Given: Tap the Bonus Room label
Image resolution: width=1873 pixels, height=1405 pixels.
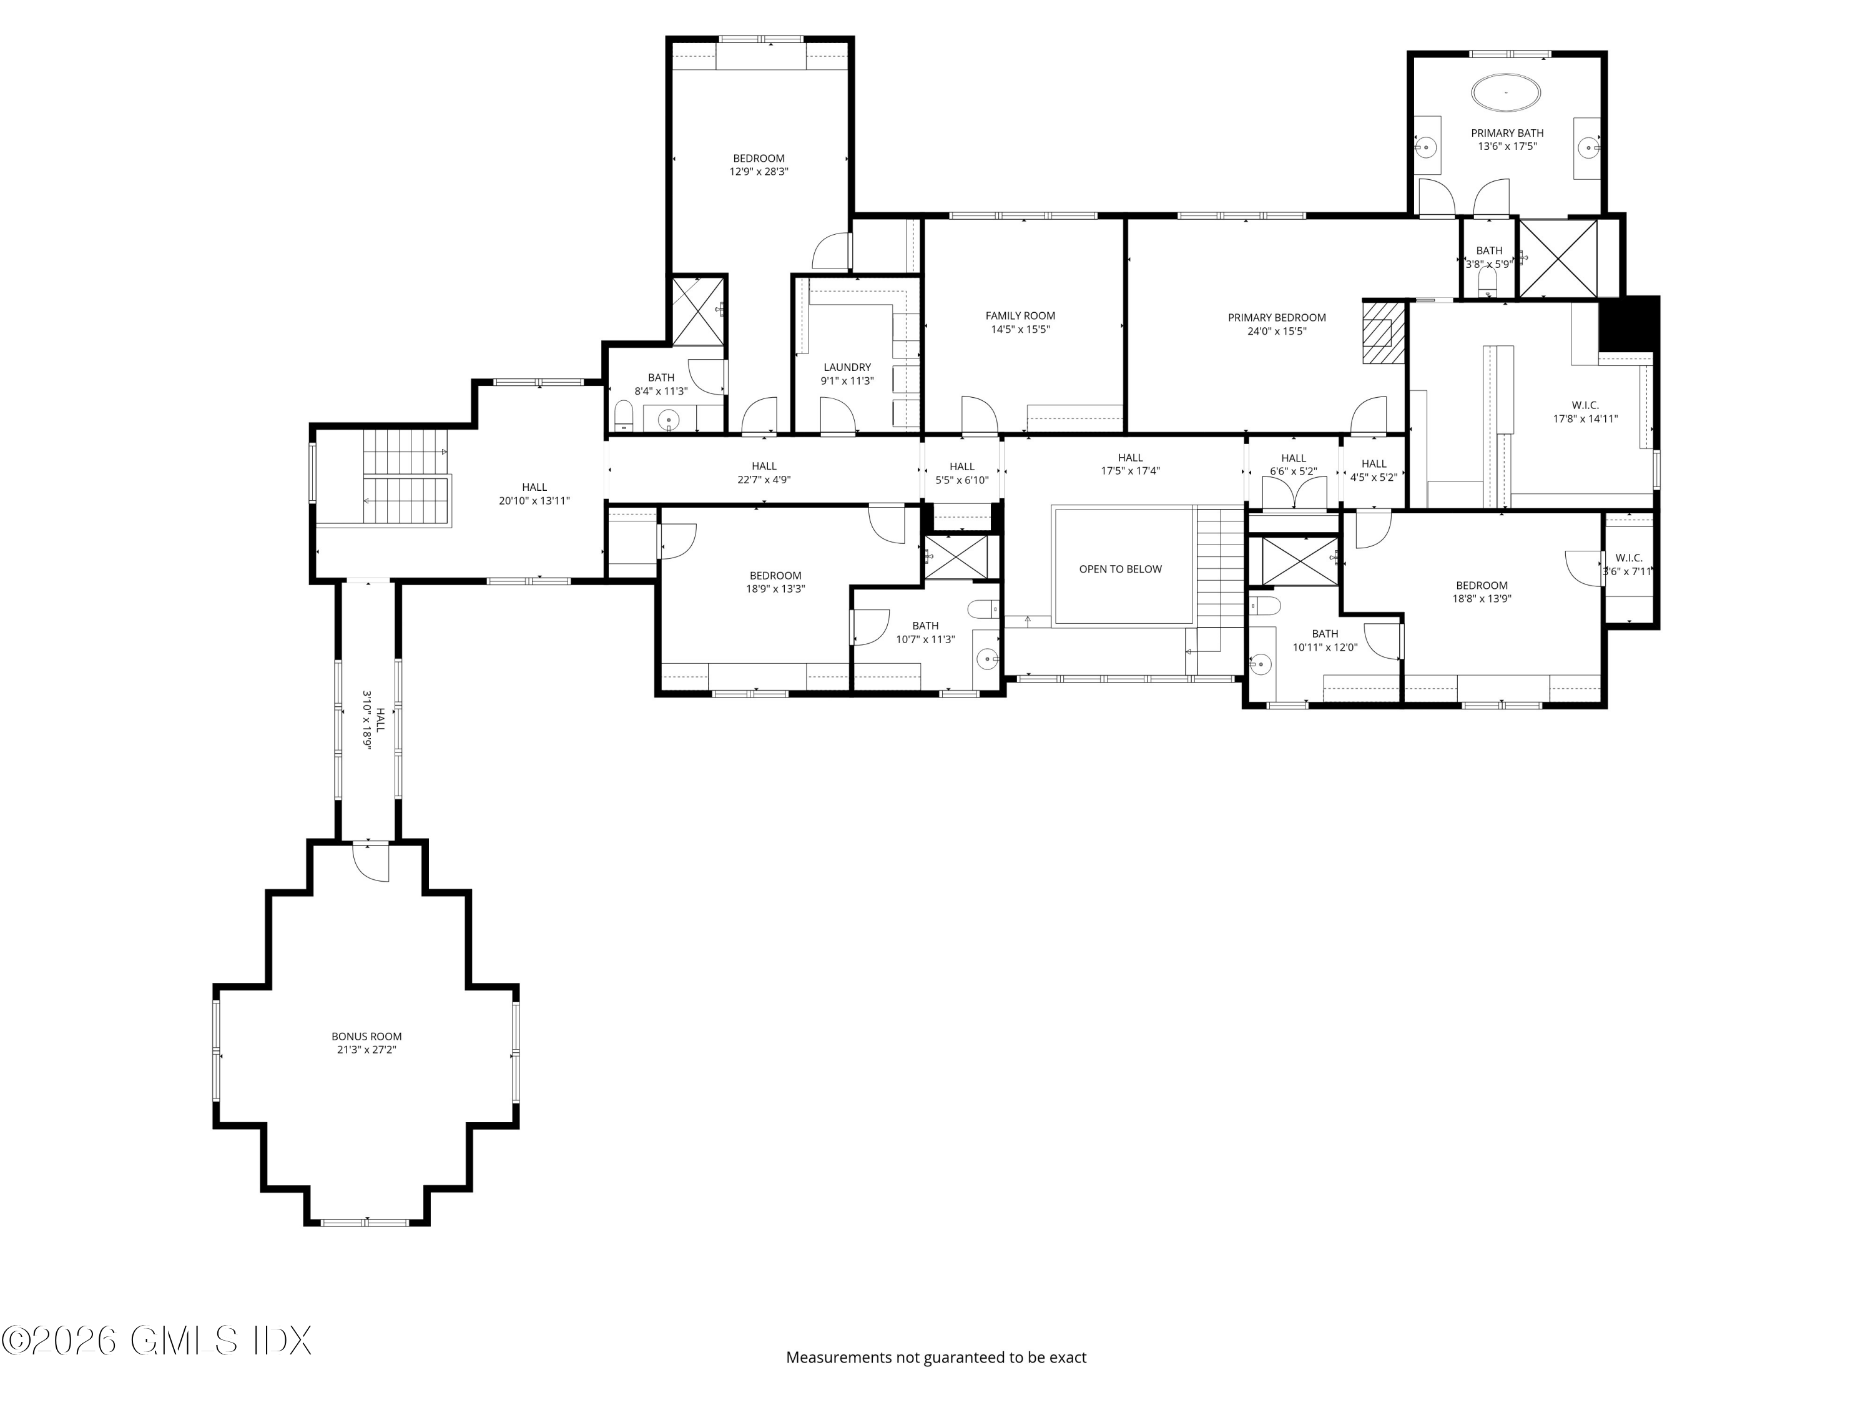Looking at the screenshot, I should (366, 1036).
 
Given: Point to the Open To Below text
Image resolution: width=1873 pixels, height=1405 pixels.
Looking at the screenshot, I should (1120, 569).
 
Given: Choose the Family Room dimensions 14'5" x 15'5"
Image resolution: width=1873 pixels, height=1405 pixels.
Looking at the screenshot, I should (1020, 330).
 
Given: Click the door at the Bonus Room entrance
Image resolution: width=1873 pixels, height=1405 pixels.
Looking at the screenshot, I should (371, 863).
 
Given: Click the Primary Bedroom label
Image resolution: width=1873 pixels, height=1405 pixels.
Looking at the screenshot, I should (1277, 318).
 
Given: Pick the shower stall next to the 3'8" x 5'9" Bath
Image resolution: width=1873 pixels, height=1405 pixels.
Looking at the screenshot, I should (1558, 259).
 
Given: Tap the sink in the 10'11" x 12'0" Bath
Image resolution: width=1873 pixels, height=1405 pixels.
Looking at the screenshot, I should (1260, 666).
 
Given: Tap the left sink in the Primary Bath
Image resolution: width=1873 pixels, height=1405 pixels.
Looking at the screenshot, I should (1426, 147).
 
